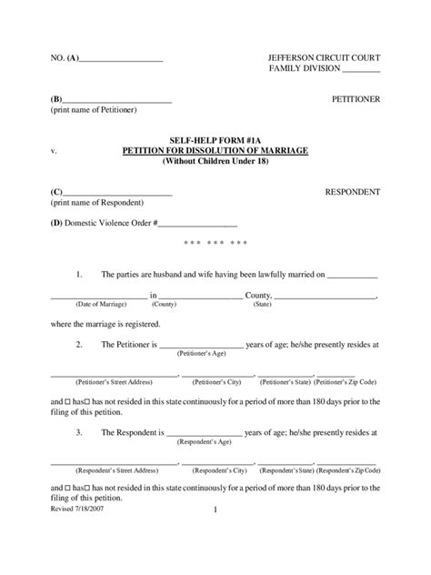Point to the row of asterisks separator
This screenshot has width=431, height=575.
point(215,243)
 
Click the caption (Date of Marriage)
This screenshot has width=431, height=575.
point(99,305)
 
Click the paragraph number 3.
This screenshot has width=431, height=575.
point(80,433)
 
